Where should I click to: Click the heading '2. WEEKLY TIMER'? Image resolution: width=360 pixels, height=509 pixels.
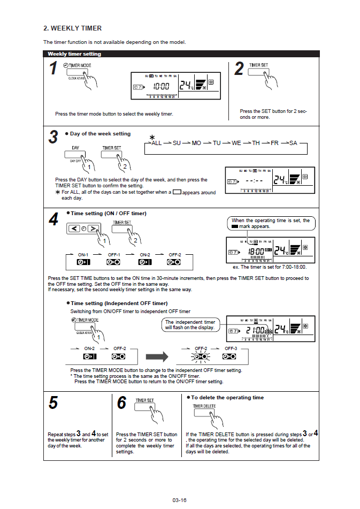(x=72, y=28)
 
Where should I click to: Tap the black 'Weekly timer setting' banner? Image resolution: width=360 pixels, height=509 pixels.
(x=74, y=54)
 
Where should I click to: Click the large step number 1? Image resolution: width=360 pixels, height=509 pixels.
(x=53, y=69)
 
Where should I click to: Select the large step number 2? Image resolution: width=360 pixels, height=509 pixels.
(x=239, y=69)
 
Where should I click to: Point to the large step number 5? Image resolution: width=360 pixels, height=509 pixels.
(x=53, y=402)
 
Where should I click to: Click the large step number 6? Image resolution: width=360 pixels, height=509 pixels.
(x=121, y=402)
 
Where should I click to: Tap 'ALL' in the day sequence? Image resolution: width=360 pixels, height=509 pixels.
(x=156, y=143)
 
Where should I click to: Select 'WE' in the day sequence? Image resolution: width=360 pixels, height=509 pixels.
(x=236, y=143)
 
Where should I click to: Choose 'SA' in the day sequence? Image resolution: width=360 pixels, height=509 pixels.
(x=293, y=143)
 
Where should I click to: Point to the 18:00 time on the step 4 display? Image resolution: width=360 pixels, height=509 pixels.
(x=258, y=251)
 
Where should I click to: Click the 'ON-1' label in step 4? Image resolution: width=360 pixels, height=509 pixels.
(x=83, y=255)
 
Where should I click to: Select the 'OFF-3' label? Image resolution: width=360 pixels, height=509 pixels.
(x=231, y=348)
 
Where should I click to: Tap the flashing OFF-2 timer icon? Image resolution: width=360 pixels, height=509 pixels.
(x=201, y=356)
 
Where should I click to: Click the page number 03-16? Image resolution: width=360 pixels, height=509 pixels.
(x=180, y=500)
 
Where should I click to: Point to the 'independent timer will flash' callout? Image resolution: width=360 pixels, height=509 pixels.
(x=190, y=324)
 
